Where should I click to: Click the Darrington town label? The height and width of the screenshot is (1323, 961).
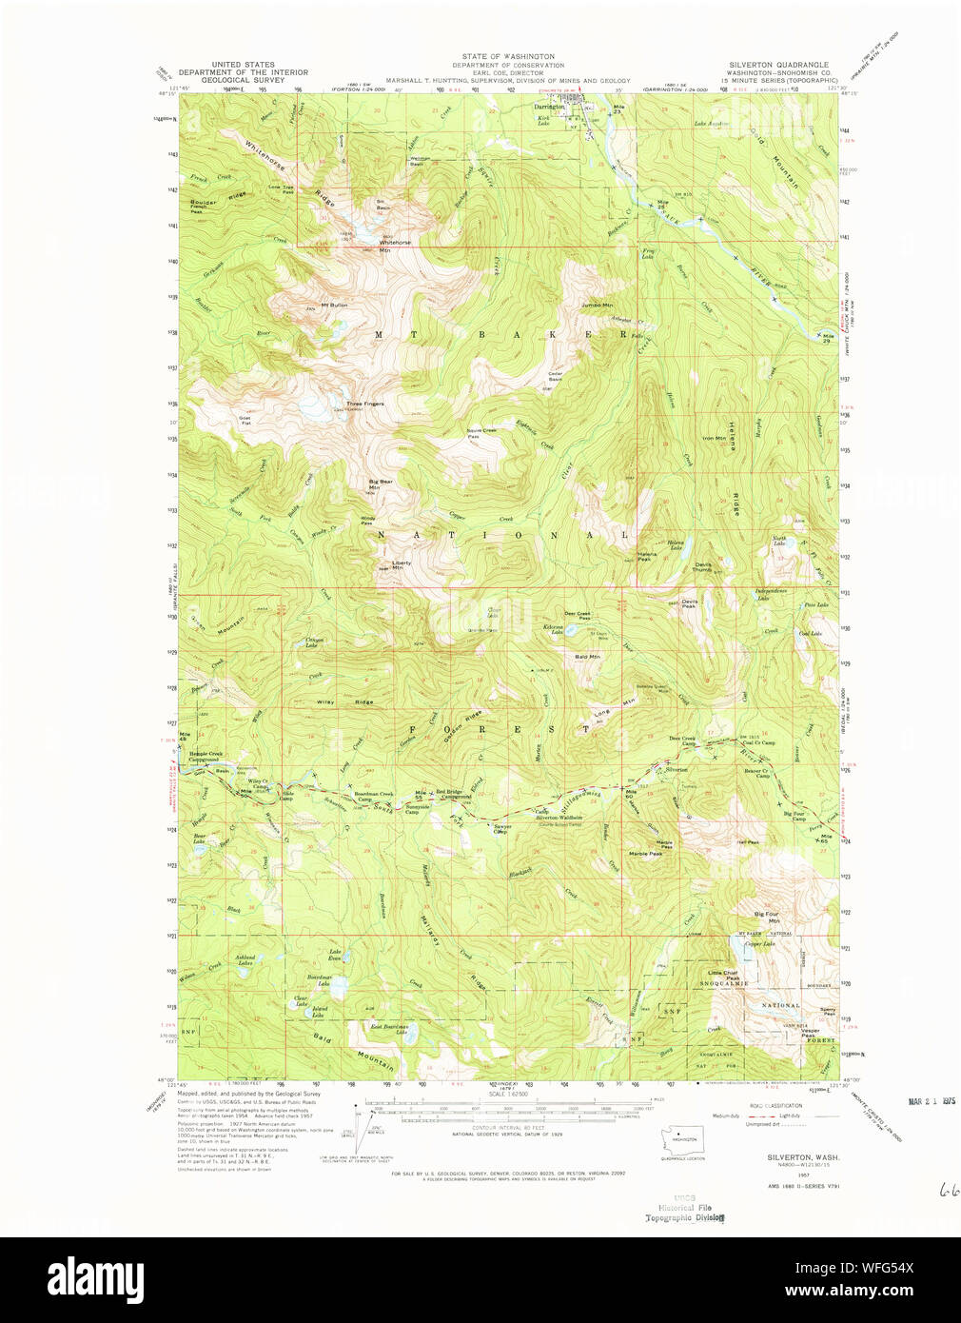click(x=549, y=108)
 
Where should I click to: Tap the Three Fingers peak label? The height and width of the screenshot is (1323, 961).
click(x=365, y=404)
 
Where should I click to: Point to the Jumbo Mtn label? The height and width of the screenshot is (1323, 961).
click(x=597, y=305)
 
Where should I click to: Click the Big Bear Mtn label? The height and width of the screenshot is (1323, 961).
click(x=381, y=484)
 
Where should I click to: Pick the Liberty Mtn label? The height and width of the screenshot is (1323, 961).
click(x=402, y=564)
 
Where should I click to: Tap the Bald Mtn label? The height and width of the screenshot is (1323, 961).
click(x=587, y=657)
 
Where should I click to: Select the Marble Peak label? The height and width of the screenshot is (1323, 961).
click(x=645, y=854)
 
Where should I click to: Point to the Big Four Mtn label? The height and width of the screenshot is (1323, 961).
click(x=766, y=918)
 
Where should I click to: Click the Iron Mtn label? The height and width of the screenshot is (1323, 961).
click(x=714, y=439)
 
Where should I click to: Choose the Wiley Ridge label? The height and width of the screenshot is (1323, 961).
click(x=331, y=701)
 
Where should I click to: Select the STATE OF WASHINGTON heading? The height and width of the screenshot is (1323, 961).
click(x=508, y=57)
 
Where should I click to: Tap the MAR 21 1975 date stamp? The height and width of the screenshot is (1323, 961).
click(x=932, y=1101)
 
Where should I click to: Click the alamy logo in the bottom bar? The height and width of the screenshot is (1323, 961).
click(x=95, y=1277)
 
